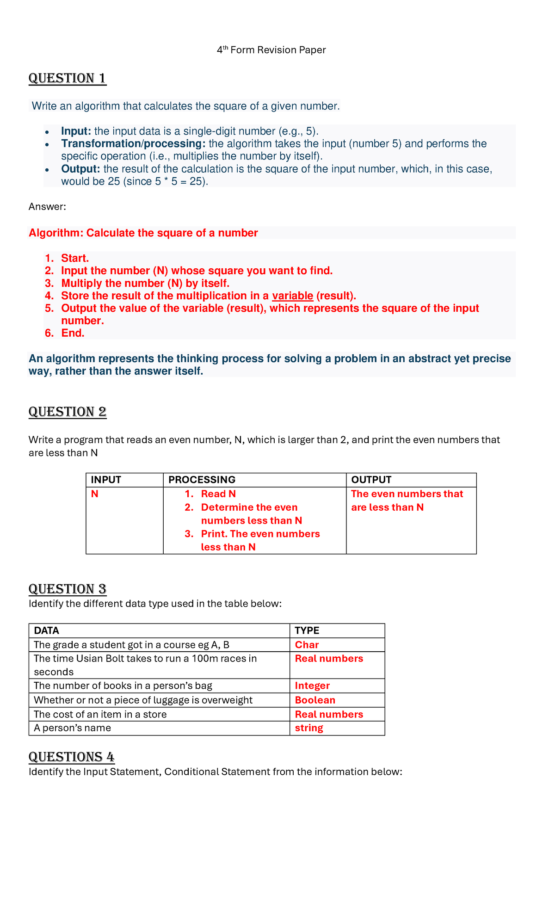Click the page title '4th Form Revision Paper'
click(271, 50)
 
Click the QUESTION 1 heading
click(68, 78)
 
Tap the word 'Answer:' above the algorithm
click(47, 207)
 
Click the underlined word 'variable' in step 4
click(292, 296)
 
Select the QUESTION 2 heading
click(68, 412)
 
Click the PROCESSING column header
click(202, 480)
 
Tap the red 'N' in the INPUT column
click(95, 494)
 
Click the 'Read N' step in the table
click(218, 494)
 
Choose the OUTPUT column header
click(371, 480)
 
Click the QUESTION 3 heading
click(68, 589)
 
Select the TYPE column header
click(307, 630)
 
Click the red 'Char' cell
click(307, 645)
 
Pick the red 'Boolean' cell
click(315, 700)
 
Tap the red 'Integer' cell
click(312, 686)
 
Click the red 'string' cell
click(309, 728)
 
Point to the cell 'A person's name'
click(72, 728)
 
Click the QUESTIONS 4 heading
click(71, 757)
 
